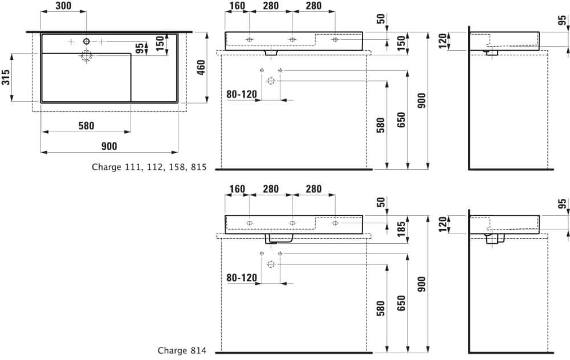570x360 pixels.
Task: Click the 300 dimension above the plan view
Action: pyautogui.click(x=64, y=6)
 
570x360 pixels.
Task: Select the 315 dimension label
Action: pyautogui.click(x=6, y=77)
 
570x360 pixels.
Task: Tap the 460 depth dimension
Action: pyautogui.click(x=201, y=68)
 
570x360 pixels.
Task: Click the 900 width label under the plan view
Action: pyautogui.click(x=109, y=146)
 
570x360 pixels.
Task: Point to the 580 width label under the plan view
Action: pyautogui.click(x=86, y=126)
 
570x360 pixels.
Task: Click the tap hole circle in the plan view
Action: pyautogui.click(x=86, y=41)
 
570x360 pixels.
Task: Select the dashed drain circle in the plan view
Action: pyautogui.click(x=87, y=56)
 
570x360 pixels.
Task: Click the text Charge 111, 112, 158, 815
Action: pyautogui.click(x=149, y=167)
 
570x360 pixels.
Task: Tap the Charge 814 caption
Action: pyautogui.click(x=182, y=350)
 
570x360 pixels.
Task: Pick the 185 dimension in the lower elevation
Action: pyautogui.click(x=402, y=230)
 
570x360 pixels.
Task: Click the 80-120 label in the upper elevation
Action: pyautogui.click(x=242, y=95)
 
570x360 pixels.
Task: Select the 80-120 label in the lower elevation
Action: pyautogui.click(x=242, y=278)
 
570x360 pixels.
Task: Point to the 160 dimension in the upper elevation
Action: pyautogui.click(x=237, y=6)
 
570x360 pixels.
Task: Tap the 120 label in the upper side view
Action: pyautogui.click(x=442, y=41)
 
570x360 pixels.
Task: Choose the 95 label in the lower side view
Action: pyautogui.click(x=563, y=204)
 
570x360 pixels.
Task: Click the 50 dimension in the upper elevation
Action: pyautogui.click(x=381, y=19)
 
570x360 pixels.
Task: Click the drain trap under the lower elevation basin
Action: pyautogui.click(x=279, y=239)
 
